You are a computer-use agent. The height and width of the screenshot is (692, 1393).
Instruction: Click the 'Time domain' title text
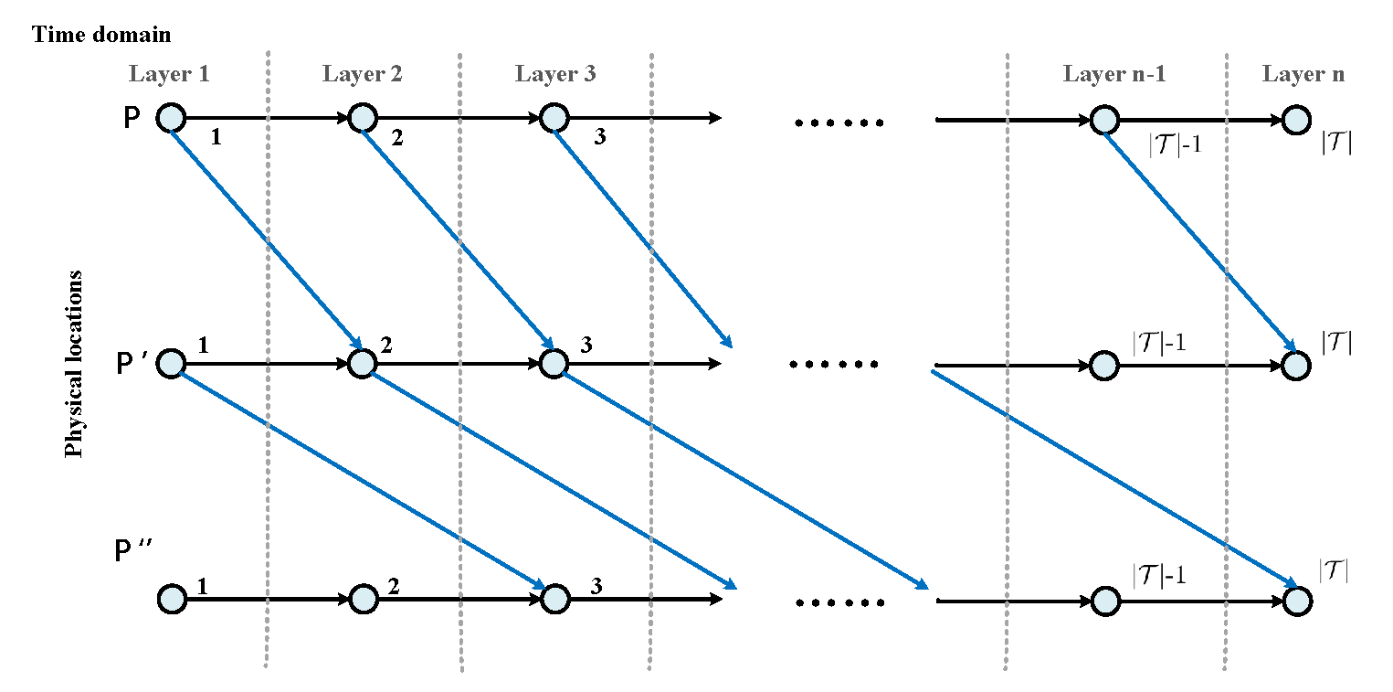(x=101, y=36)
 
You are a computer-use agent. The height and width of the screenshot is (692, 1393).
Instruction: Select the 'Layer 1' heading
(x=170, y=74)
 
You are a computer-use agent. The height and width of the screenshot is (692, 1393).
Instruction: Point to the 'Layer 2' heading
(x=362, y=74)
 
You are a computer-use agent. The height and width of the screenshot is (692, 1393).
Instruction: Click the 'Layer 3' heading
(x=554, y=74)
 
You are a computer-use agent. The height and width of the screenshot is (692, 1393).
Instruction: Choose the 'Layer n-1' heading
(x=1114, y=74)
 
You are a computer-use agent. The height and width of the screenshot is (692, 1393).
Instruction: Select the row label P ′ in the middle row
(x=133, y=364)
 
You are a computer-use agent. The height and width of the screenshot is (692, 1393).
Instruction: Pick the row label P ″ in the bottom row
(x=134, y=553)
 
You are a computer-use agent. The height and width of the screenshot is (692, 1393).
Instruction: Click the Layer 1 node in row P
(x=171, y=119)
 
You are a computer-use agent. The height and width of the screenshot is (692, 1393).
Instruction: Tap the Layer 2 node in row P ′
(x=362, y=364)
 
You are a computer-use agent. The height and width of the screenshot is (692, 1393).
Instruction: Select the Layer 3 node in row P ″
(x=554, y=600)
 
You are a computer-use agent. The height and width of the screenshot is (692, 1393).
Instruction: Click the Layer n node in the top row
(x=1295, y=119)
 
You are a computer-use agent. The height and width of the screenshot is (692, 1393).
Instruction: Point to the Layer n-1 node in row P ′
(x=1103, y=365)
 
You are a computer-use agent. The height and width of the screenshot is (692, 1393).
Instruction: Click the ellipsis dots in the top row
(x=839, y=122)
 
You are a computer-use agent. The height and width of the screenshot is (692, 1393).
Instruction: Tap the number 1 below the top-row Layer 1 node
(x=216, y=138)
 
